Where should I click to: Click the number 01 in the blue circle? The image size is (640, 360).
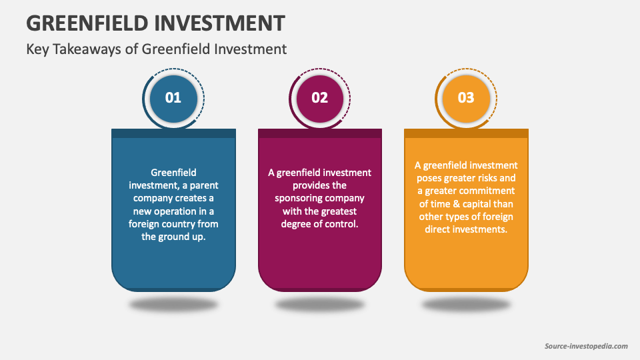point(173,97)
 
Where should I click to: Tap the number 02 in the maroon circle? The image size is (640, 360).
point(320,97)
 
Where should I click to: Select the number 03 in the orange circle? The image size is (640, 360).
point(466,97)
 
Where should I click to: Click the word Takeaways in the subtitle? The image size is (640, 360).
point(89,49)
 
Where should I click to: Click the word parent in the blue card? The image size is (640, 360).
point(202,185)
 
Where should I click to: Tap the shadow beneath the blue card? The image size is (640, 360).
point(173,305)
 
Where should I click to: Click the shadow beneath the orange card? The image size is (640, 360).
point(466,305)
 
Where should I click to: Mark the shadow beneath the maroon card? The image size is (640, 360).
point(320,305)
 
